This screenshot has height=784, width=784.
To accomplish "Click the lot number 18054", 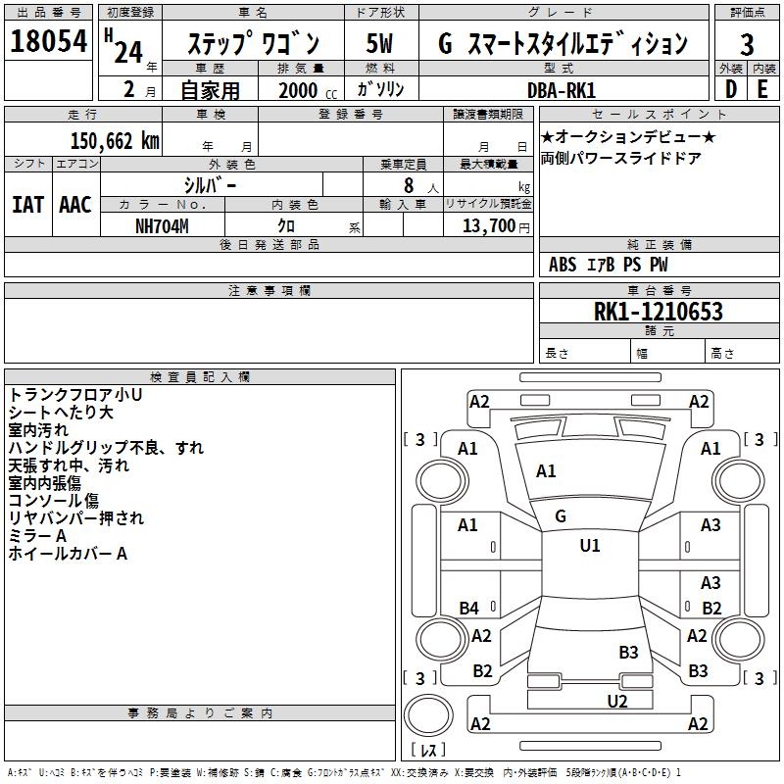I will tap(48, 42).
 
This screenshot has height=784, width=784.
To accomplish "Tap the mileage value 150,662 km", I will tap(115, 141).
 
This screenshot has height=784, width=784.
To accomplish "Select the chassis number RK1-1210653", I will tap(658, 312).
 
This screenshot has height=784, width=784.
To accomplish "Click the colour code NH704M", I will tap(162, 224).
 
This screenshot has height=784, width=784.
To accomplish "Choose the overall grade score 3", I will tap(747, 45).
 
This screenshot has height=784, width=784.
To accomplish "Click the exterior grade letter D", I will tap(730, 89).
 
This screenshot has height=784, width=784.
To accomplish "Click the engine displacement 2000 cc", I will tap(304, 90).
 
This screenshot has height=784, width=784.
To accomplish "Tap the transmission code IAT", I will tap(27, 205).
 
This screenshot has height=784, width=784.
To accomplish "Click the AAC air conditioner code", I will tap(75, 205).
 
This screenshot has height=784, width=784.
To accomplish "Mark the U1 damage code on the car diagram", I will tap(590, 546).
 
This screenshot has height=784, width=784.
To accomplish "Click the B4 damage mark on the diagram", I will tap(468, 609).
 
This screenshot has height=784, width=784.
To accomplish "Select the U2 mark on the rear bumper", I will tap(616, 700).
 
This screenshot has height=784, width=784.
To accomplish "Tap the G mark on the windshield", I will tap(561, 516).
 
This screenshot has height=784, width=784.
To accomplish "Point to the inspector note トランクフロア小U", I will tap(75, 395).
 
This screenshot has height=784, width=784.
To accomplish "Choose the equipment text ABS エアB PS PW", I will tap(610, 265).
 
